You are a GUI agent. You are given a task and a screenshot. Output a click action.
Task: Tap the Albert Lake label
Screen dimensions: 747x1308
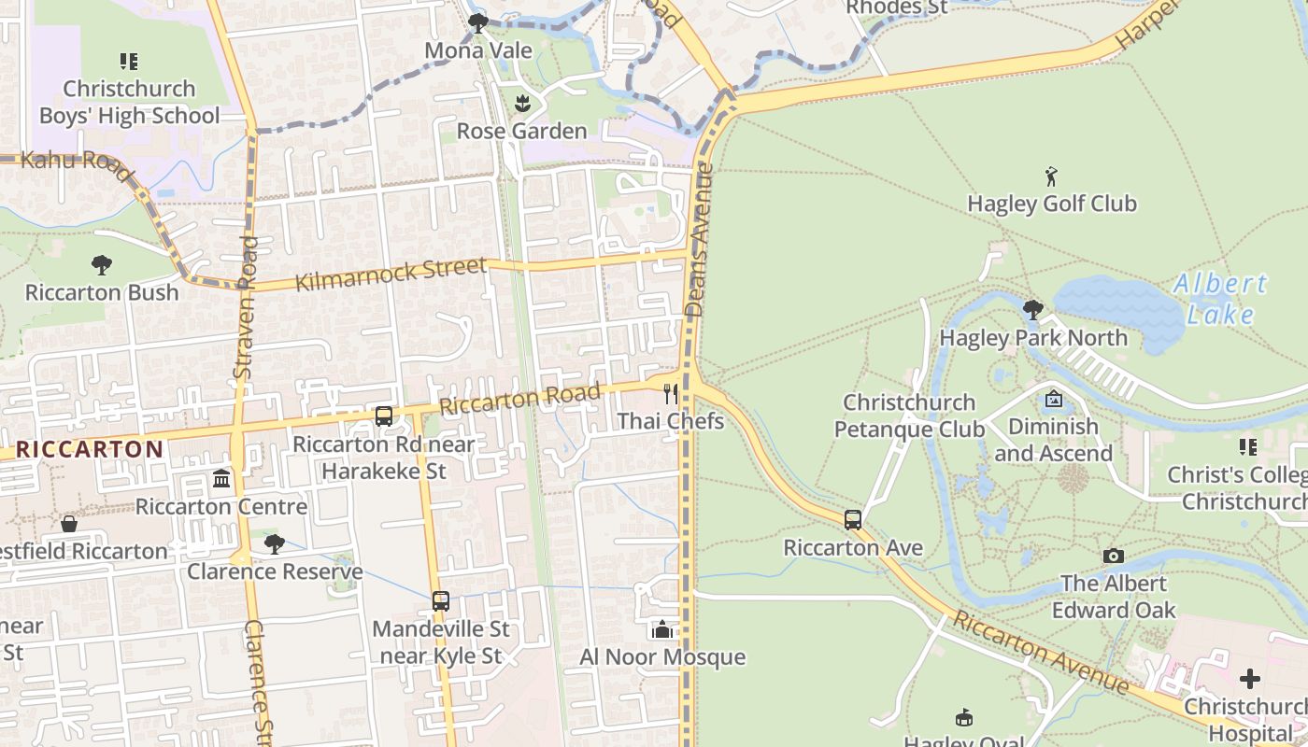[x=1220, y=299]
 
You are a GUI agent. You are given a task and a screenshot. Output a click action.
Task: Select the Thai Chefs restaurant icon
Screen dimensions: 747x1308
[x=671, y=393]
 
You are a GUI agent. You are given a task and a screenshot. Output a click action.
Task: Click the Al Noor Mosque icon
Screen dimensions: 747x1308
[x=662, y=630]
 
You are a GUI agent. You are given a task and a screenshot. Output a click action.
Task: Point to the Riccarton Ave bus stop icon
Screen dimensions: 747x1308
[x=853, y=520]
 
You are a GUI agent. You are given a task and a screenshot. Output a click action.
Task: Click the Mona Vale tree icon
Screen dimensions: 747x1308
[x=478, y=22]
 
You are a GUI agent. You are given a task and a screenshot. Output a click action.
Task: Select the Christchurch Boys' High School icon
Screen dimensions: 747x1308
[x=129, y=62]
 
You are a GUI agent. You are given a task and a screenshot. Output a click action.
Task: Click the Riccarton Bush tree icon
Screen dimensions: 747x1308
[x=102, y=265]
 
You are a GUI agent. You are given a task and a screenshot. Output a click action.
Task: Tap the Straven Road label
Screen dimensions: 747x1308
[x=246, y=307]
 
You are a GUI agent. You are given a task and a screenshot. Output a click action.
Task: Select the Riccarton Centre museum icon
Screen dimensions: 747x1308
[x=221, y=479]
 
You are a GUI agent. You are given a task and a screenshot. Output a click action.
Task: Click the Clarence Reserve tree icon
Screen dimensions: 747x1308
[x=274, y=543]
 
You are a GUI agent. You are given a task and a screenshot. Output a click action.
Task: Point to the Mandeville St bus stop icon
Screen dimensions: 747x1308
[x=441, y=601]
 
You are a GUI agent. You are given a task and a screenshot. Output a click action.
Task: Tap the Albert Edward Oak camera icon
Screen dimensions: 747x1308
[x=1113, y=557]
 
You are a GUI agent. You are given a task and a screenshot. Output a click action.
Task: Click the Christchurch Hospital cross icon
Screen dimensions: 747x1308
[x=1250, y=679]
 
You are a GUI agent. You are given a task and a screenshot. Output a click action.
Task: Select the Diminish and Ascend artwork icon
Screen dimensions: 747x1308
[x=1054, y=399]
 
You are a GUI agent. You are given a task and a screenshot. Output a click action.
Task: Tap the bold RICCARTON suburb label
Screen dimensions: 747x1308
[x=90, y=449]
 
